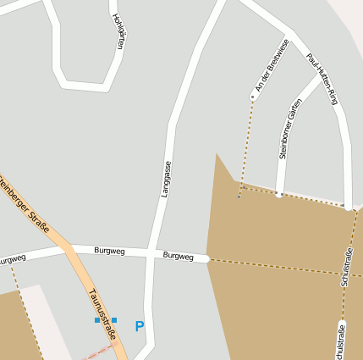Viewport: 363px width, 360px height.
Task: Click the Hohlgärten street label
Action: point(118,32)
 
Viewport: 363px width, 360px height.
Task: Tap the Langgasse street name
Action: point(166,179)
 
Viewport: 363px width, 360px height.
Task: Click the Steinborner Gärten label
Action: point(290,129)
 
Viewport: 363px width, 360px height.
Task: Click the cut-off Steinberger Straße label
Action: point(25,202)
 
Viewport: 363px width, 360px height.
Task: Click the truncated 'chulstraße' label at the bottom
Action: point(340,342)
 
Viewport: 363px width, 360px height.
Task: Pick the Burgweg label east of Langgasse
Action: point(179,255)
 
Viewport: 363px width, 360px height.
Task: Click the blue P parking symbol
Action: point(140,326)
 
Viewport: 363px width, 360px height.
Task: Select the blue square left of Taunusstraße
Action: point(97,320)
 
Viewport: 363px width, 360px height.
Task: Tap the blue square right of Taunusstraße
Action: point(114,319)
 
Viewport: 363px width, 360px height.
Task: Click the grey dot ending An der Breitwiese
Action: point(252,97)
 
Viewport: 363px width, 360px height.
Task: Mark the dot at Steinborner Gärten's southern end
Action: point(278,194)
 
